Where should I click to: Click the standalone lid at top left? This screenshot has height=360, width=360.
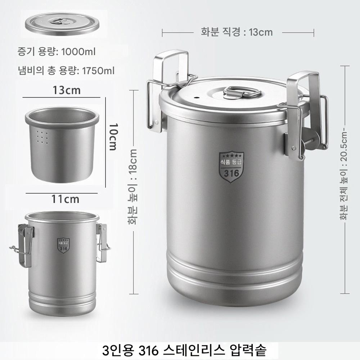point(62,24)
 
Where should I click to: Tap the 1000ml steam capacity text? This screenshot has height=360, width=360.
point(57,51)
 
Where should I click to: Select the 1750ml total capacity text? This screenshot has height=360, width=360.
point(66,71)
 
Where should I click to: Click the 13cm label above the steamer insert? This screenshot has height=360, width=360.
point(67,90)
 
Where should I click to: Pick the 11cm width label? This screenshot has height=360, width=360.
point(65,199)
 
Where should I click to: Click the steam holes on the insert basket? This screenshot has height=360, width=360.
point(42,138)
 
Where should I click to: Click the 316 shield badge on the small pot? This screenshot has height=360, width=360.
point(63,245)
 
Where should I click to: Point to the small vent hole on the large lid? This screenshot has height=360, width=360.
point(196,98)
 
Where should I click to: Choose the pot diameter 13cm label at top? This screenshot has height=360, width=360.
point(237,32)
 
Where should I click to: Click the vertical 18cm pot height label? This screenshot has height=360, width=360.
point(132,186)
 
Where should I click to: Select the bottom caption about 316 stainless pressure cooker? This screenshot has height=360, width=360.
point(184,350)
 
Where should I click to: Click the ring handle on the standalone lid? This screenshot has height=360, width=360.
point(60,21)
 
